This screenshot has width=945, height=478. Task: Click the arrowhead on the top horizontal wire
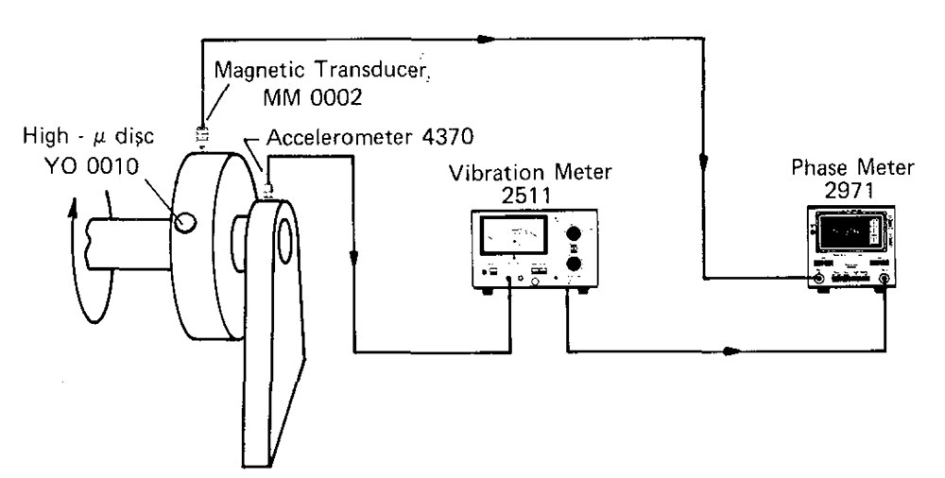click(x=485, y=41)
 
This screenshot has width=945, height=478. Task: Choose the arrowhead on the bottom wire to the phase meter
click(x=729, y=352)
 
